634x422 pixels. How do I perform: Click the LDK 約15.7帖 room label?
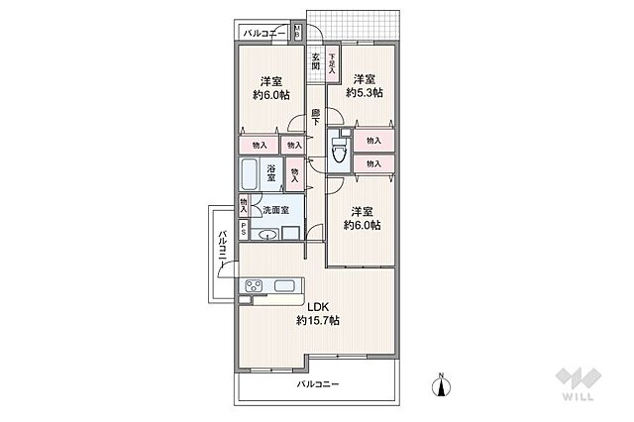tap(318, 313)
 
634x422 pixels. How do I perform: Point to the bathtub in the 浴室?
tap(249, 175)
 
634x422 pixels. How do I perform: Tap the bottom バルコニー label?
tap(318, 383)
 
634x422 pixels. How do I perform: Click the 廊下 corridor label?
tap(315, 116)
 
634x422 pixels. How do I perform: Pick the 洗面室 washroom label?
tap(276, 210)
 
